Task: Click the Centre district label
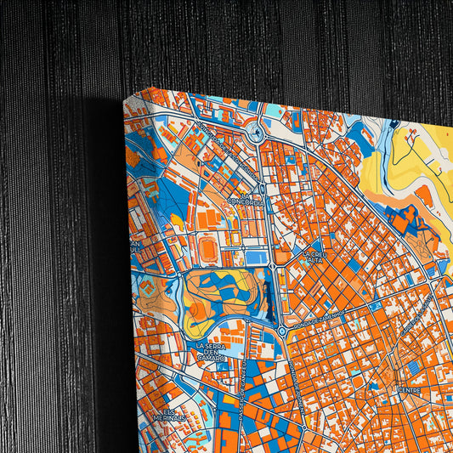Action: (x=410, y=391)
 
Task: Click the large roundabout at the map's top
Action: (x=256, y=131)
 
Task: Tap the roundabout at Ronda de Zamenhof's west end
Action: (x=281, y=330)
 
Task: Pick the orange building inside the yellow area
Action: (x=424, y=195)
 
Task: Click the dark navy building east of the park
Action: (x=270, y=293)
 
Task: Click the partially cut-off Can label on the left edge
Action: (x=135, y=247)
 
